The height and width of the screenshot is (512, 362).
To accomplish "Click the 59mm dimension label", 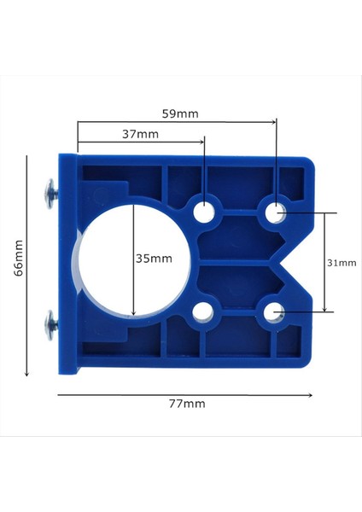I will [x=180, y=112].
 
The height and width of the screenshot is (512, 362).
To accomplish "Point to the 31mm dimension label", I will [x=342, y=264].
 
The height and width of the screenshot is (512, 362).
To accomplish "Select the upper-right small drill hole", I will [x=276, y=212].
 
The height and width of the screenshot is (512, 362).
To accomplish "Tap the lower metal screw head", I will [x=49, y=323].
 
